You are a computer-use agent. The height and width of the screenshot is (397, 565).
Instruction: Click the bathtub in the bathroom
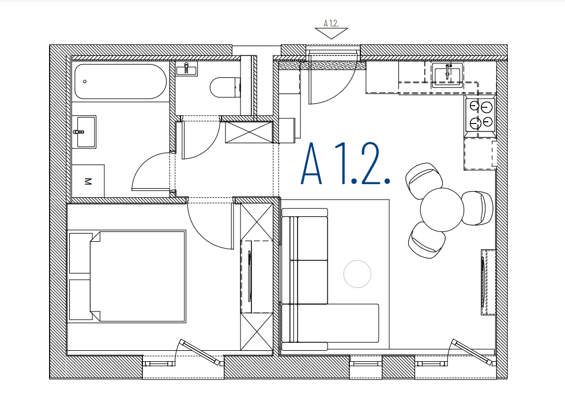[120, 81]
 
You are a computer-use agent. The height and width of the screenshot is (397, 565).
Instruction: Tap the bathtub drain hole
[85, 81]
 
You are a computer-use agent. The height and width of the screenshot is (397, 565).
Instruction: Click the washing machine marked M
[88, 181]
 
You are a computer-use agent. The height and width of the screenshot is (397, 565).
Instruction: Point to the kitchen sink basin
[447, 76]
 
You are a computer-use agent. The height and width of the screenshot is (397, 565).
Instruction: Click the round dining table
[442, 209]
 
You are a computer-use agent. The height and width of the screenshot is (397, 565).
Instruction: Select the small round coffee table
[357, 274]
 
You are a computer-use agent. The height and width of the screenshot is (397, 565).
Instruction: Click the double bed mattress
[138, 276]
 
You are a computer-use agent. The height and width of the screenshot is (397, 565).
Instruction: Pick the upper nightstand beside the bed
[80, 253]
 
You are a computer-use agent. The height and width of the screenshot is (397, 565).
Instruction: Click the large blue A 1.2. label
[345, 164]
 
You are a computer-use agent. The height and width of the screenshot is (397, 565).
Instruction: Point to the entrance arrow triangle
[331, 33]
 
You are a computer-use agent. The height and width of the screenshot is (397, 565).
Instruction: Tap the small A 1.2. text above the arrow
[331, 24]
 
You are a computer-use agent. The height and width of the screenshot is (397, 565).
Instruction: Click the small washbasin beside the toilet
[187, 69]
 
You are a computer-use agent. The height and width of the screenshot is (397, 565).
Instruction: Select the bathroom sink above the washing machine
[84, 132]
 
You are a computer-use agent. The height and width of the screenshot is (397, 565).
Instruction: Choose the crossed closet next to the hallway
[249, 132]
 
